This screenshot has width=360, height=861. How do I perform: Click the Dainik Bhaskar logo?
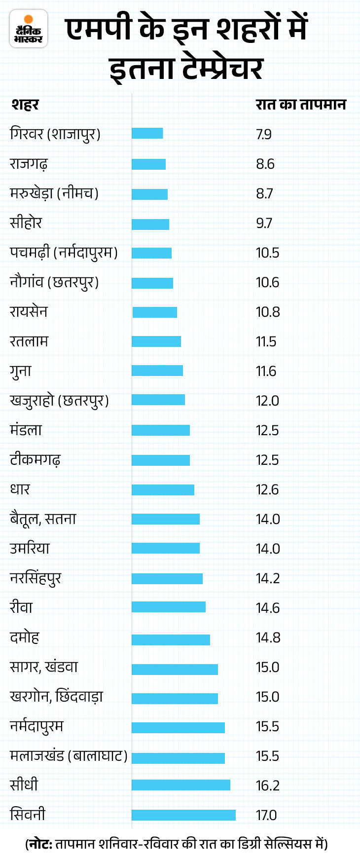point(29,29)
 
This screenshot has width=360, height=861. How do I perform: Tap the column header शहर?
point(25,105)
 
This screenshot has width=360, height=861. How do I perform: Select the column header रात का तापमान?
point(300,105)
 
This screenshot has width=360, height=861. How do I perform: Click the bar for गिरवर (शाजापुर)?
point(147,133)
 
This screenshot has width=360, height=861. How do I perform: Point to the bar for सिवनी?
point(183,815)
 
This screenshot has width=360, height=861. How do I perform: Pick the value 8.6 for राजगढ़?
point(265,164)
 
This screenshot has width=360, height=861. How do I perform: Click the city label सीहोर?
point(26,223)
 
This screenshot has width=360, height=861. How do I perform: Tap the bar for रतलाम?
point(156,341)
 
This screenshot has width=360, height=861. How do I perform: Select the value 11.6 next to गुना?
point(266,371)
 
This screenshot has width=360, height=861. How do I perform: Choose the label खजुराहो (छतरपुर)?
point(59,401)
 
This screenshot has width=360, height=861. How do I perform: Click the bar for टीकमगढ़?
point(161,460)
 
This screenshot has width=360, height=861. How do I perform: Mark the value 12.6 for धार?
point(267,489)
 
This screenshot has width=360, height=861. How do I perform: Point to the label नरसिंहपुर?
point(36,578)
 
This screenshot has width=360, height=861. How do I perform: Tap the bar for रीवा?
point(169,607)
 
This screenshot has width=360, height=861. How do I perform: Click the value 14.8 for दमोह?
point(268,637)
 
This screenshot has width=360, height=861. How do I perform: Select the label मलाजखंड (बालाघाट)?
point(69,756)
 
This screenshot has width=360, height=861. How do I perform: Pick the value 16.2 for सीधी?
point(267,786)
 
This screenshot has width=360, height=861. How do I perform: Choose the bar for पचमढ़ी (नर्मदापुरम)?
point(151,253)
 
